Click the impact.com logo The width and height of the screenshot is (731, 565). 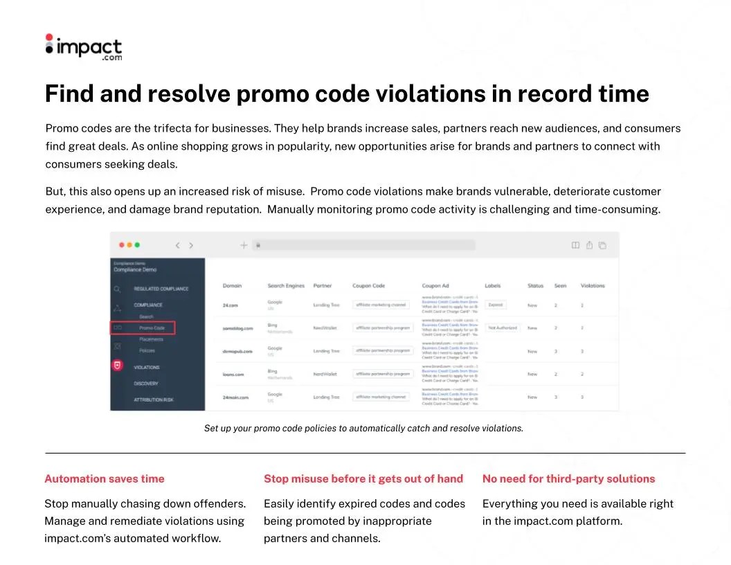pyautogui.click(x=83, y=48)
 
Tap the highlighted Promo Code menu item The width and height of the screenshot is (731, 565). pyautogui.click(x=152, y=328)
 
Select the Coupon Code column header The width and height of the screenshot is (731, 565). pyautogui.click(x=368, y=285)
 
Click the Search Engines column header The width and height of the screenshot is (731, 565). pyautogui.click(x=286, y=285)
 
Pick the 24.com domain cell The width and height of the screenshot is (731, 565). pyautogui.click(x=230, y=305)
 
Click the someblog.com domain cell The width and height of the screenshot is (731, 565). pyautogui.click(x=237, y=328)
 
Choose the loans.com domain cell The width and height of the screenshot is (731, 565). pyautogui.click(x=233, y=374)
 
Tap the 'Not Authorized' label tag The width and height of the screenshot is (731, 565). pyautogui.click(x=503, y=328)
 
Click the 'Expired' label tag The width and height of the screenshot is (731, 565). pyautogui.click(x=496, y=305)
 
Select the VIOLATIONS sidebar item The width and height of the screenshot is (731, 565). pyautogui.click(x=147, y=367)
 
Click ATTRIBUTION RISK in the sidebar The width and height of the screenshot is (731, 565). pyautogui.click(x=154, y=400)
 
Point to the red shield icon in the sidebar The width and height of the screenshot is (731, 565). pyautogui.click(x=118, y=366)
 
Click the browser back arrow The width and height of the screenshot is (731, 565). pyautogui.click(x=177, y=245)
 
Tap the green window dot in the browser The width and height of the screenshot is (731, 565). pyautogui.click(x=137, y=245)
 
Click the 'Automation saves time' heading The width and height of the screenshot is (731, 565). pyautogui.click(x=105, y=478)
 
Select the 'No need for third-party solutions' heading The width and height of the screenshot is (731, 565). pyautogui.click(x=568, y=478)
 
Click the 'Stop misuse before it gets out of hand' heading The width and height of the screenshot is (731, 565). pyautogui.click(x=363, y=478)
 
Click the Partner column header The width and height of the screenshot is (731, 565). pyautogui.click(x=323, y=285)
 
